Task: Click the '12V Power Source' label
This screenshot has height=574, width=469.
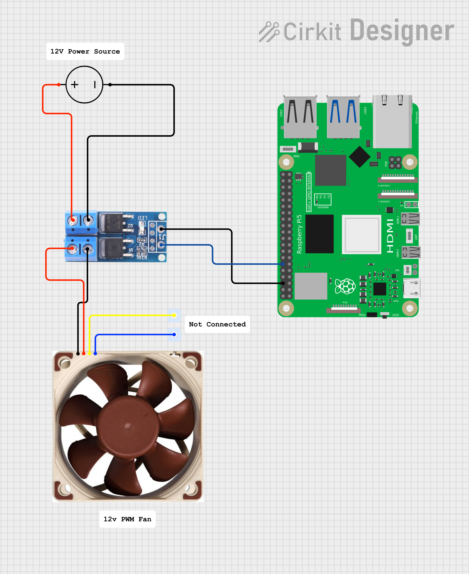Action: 85,51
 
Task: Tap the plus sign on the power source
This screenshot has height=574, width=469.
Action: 75,85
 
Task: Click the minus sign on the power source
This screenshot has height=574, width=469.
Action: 95,85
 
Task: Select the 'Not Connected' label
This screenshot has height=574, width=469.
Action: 217,324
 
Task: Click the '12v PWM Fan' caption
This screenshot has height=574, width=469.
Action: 127,519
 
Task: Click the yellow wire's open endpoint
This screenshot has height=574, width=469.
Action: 174,315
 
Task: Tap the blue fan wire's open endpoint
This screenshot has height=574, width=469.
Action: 174,335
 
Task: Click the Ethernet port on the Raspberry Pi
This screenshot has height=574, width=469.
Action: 392,121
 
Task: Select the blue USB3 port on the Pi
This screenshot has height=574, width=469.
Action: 343,117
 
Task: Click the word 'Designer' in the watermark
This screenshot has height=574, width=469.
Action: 402,31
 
